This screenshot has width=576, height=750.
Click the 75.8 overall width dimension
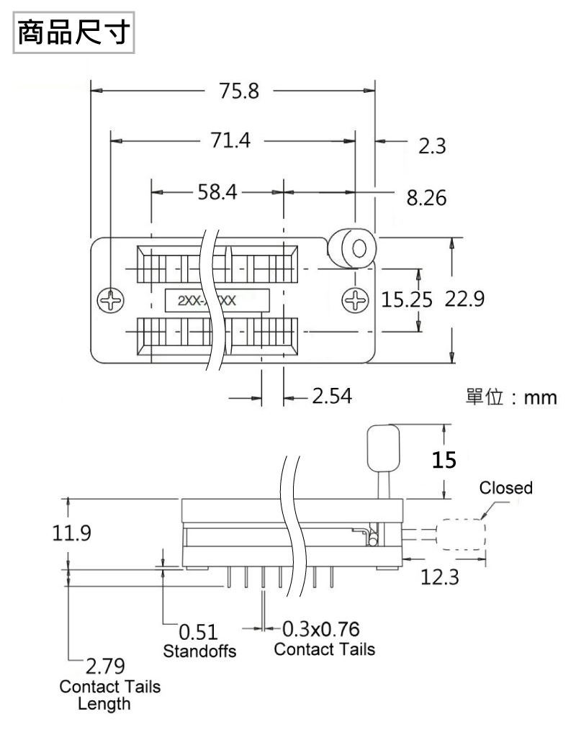(x=239, y=91)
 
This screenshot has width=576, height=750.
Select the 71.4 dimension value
(x=230, y=140)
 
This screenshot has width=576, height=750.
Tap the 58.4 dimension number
(x=217, y=191)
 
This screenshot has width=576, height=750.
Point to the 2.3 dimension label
(x=432, y=146)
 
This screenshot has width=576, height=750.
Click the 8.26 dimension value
(x=426, y=197)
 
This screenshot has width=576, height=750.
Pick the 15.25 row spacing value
(x=407, y=300)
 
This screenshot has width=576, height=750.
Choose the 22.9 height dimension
(x=464, y=299)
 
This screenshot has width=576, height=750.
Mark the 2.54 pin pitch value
(x=332, y=396)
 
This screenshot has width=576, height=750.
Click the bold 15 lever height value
(x=444, y=460)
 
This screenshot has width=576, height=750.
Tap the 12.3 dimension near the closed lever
(x=440, y=577)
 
